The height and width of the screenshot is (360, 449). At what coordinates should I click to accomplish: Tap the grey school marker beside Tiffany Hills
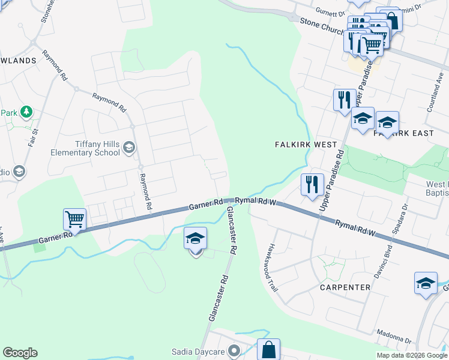point(128,148)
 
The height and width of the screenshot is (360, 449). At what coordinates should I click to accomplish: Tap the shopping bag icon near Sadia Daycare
point(268,349)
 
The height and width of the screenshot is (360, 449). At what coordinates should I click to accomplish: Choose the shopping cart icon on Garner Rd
point(74,219)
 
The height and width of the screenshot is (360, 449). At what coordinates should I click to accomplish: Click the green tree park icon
point(26,112)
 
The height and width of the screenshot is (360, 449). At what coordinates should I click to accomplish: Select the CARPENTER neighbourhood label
point(345,287)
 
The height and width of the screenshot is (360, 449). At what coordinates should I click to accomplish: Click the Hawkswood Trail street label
point(274,267)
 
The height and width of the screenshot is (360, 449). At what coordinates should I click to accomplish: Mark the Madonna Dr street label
point(394,337)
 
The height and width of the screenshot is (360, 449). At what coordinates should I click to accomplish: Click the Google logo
point(20,353)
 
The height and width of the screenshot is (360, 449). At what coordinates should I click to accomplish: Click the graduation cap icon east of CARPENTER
point(426,283)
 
